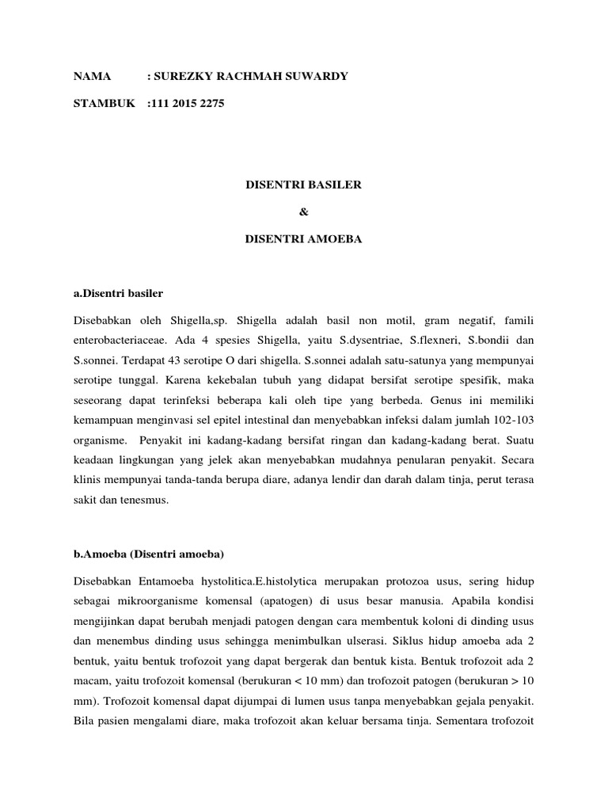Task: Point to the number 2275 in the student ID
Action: [211, 104]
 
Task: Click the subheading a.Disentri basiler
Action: [118, 293]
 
